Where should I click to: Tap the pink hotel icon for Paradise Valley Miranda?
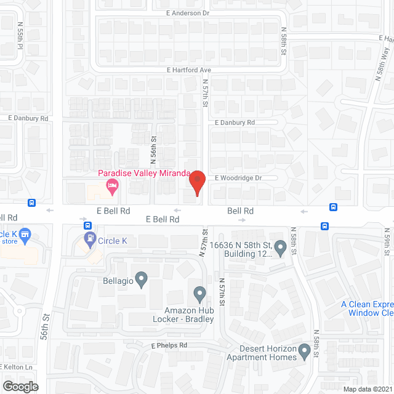click(111, 185)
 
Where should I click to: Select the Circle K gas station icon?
click(90, 237)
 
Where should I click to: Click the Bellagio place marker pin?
click(141, 279)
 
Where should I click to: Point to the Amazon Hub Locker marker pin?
click(199, 293)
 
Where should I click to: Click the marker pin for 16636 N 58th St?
click(280, 248)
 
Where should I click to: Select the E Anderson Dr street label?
click(187, 13)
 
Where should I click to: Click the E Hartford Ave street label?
click(189, 70)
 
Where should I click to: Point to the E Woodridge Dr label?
click(238, 178)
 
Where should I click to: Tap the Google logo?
click(20, 386)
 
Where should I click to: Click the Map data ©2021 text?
click(367, 388)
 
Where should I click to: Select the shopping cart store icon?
click(25, 234)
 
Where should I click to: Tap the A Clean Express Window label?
click(368, 308)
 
